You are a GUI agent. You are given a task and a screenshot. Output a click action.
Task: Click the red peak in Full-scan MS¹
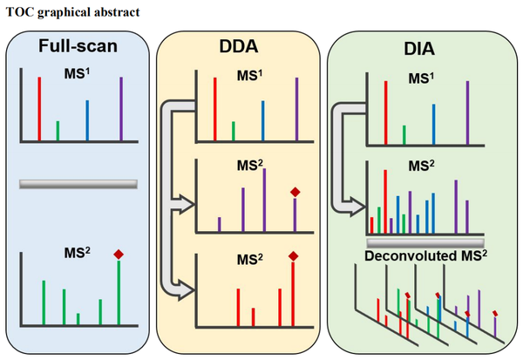click(x=39, y=108)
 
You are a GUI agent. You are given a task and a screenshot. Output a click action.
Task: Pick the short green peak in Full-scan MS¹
click(x=58, y=130)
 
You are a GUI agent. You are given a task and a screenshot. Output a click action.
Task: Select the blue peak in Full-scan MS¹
click(x=87, y=119)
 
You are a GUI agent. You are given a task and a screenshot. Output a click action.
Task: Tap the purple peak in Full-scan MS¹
click(x=121, y=108)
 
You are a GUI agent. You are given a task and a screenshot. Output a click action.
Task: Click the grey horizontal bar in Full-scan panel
click(x=78, y=184)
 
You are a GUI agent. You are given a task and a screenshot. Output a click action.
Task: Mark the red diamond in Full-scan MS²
click(x=119, y=254)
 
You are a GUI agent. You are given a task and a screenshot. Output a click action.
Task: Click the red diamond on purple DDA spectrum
click(x=295, y=192)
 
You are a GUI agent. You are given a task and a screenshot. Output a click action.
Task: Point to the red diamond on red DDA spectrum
click(x=293, y=255)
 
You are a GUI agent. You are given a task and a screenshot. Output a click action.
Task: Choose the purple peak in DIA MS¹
click(x=468, y=109)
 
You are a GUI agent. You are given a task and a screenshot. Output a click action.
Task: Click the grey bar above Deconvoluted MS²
click(x=425, y=241)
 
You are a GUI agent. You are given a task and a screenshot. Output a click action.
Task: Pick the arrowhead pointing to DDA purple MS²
click(x=183, y=205)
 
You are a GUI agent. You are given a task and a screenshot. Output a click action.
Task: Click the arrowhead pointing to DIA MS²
click(x=355, y=206)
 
